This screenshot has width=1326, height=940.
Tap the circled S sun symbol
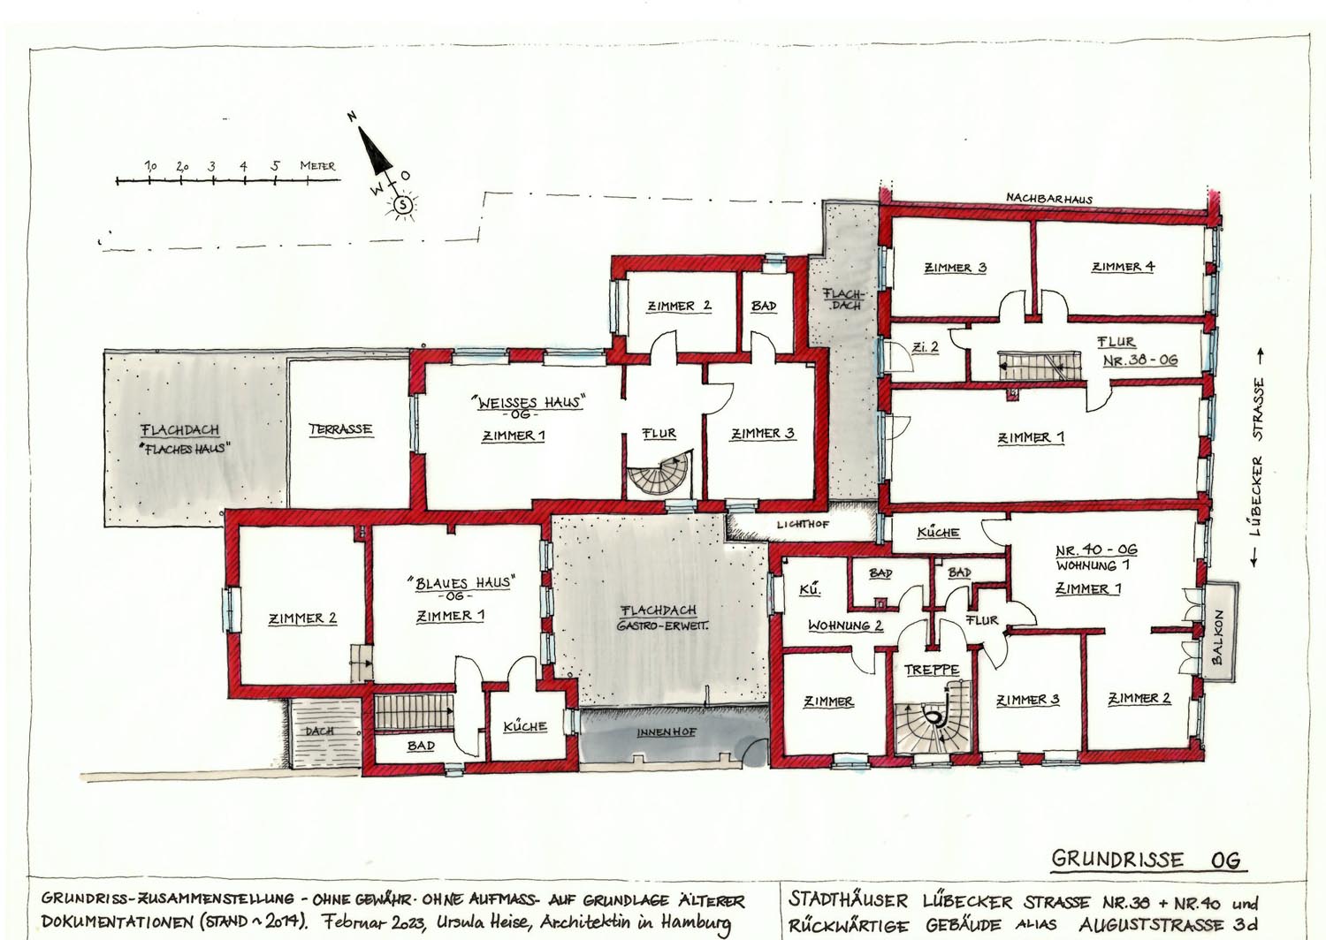point(403,205)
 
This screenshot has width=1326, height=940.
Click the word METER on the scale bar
point(317,165)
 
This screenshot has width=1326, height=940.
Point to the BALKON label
point(1217,637)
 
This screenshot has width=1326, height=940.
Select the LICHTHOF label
point(803,524)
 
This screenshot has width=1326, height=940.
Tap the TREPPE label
point(931,671)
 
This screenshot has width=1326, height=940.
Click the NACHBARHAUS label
point(1049,199)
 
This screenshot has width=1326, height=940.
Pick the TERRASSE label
point(340,429)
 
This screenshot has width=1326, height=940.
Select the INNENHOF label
point(666,732)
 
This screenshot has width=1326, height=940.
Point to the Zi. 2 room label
point(926,347)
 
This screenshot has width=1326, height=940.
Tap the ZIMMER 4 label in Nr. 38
point(1123,267)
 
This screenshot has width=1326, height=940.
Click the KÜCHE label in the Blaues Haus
point(524,726)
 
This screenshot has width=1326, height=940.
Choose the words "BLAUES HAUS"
point(461,583)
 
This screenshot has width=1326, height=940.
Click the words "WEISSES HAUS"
point(528,402)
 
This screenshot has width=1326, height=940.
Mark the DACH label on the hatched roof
point(320,732)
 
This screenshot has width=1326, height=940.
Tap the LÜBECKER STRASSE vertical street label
point(1258,457)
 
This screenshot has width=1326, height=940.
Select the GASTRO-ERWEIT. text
point(662,625)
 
